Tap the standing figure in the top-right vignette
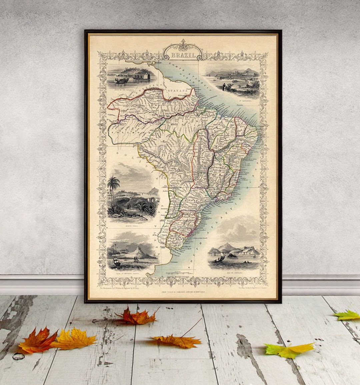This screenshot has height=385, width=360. pos(224,87)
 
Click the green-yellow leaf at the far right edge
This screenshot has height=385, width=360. pos(348,315)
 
